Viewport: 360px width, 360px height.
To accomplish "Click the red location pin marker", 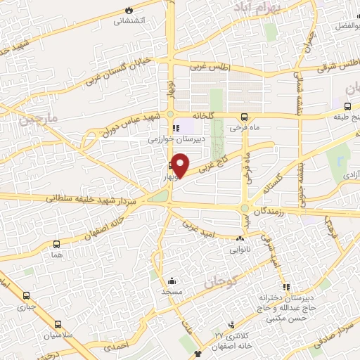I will click(x=181, y=165).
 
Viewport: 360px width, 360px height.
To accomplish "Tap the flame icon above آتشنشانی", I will click(x=129, y=9).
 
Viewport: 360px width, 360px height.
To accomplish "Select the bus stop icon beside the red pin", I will click(x=170, y=167).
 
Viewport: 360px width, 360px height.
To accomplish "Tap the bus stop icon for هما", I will click(x=56, y=244).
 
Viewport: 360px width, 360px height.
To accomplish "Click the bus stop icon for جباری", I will click(x=27, y=296).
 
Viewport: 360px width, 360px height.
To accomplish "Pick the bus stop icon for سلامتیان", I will click(x=58, y=325).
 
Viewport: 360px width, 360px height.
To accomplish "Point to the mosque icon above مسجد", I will click(x=172, y=279).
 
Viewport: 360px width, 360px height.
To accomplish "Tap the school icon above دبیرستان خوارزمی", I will click(x=176, y=128).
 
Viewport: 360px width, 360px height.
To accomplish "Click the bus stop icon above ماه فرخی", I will click(x=244, y=117).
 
